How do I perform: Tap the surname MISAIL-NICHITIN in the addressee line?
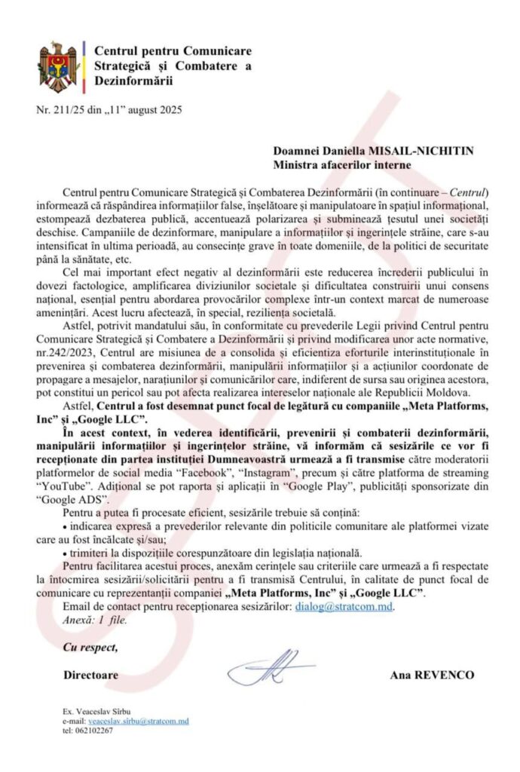click(425, 150)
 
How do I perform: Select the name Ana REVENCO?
click(432, 675)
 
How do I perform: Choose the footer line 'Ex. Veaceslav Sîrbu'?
click(99, 712)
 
